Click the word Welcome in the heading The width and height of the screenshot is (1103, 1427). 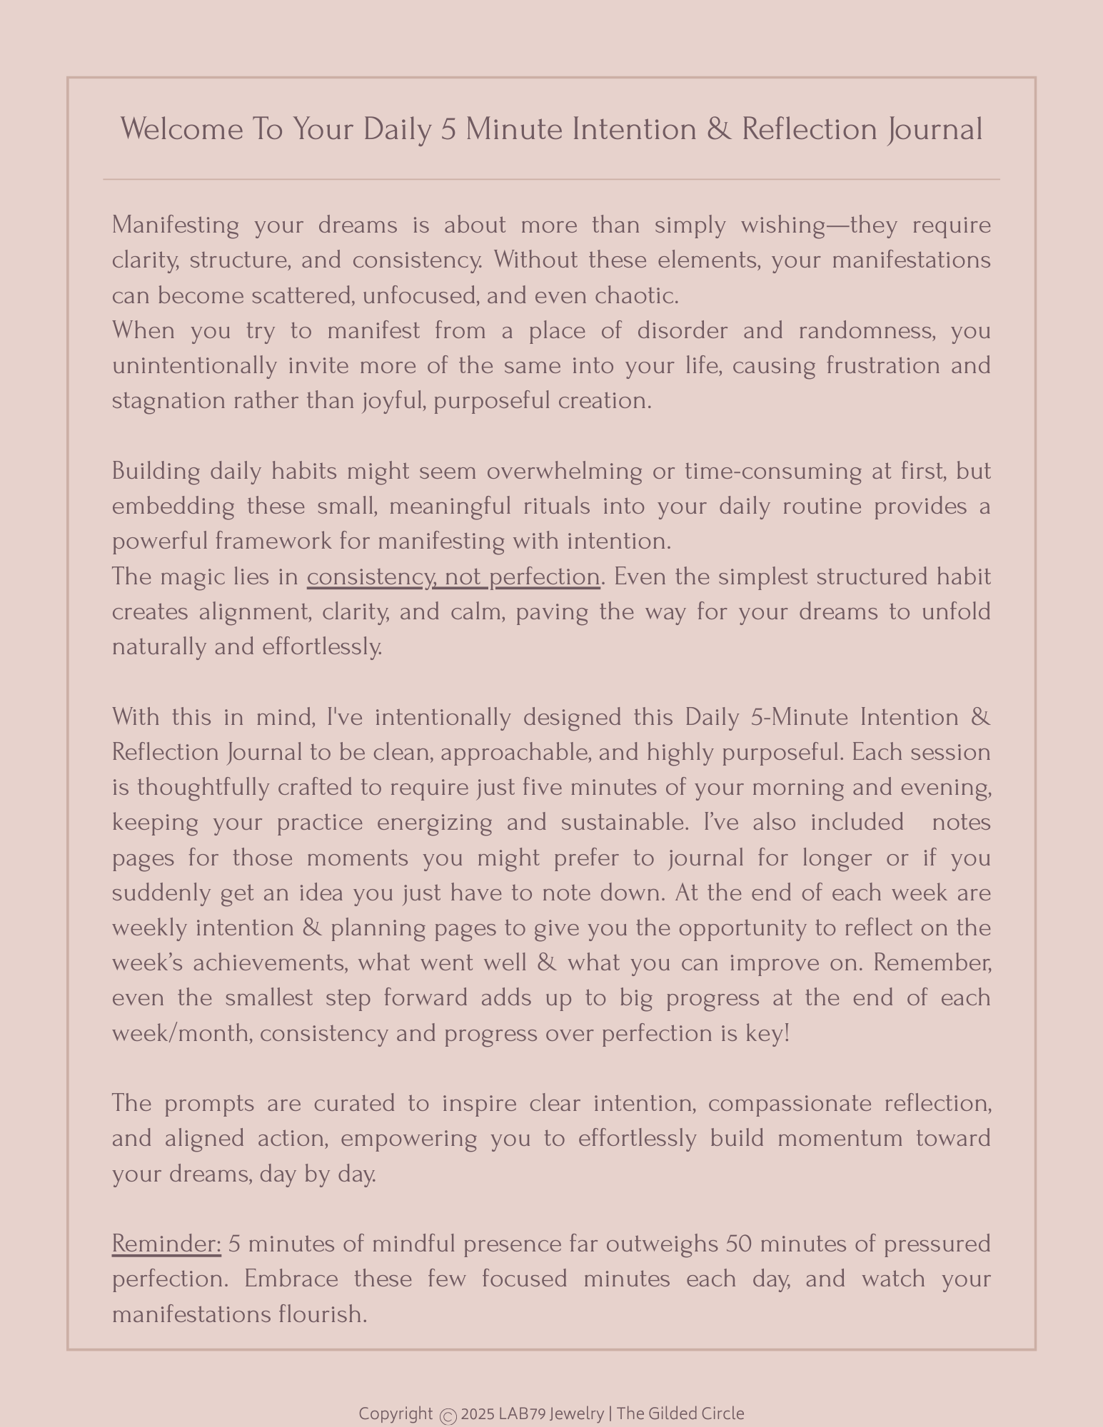tap(181, 130)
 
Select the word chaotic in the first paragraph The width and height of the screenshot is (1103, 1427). tap(635, 295)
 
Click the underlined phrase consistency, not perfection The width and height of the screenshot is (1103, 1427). tap(453, 577)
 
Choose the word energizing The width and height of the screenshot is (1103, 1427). tap(434, 823)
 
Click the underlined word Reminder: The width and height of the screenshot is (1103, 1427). tap(166, 1244)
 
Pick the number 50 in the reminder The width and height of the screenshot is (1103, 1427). tap(738, 1244)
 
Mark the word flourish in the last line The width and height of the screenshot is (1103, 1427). tap(323, 1314)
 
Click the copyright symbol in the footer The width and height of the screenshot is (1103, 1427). tap(448, 1416)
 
